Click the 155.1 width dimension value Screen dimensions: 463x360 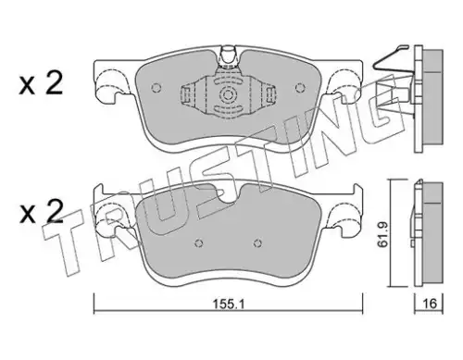click(x=229, y=304)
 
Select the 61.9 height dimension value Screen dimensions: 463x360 click(x=382, y=233)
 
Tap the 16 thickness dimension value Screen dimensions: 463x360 click(x=430, y=304)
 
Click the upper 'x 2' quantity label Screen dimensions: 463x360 click(x=41, y=83)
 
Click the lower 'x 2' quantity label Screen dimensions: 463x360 click(x=41, y=212)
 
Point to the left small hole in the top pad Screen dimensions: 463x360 click(x=156, y=88)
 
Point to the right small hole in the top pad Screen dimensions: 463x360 click(x=299, y=88)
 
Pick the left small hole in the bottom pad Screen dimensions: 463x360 click(x=199, y=243)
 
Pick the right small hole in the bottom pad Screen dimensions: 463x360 click(x=257, y=243)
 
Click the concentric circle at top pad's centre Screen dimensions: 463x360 click(x=228, y=94)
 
